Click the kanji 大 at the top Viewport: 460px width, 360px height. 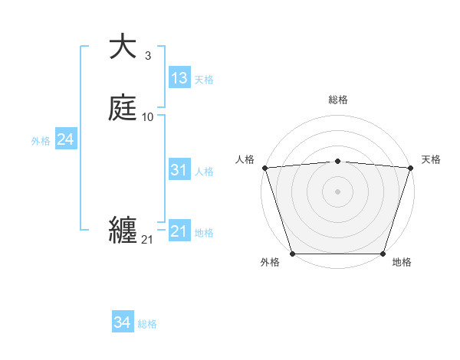[x=123, y=47]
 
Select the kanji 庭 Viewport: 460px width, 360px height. [x=123, y=108]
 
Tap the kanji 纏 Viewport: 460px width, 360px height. [x=123, y=231]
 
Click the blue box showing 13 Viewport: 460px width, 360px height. [x=179, y=78]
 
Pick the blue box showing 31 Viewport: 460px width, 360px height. [x=179, y=170]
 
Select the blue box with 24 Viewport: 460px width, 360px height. [x=65, y=139]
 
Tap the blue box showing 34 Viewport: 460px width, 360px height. [x=122, y=323]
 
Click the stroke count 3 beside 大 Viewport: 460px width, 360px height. [x=147, y=56]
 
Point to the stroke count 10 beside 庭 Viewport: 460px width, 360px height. [x=148, y=117]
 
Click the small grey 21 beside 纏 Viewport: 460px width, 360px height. [x=147, y=240]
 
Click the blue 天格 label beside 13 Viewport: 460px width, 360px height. [x=204, y=80]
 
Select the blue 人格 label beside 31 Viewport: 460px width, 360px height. [x=204, y=172]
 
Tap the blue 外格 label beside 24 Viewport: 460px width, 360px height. [x=41, y=141]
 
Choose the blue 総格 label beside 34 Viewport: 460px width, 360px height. [x=147, y=325]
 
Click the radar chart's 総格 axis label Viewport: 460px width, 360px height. [x=337, y=100]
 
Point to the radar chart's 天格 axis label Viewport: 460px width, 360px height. [x=431, y=159]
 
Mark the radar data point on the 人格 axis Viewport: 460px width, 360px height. [x=264, y=168]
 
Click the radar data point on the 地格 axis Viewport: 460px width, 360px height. [x=383, y=254]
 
